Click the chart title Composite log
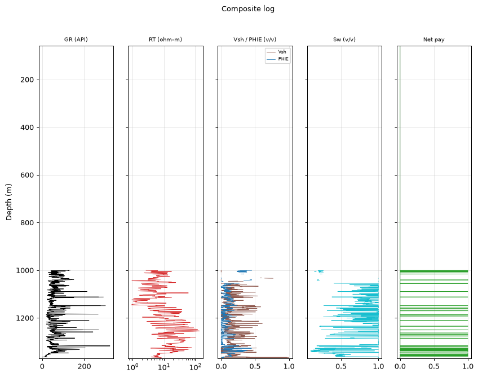click(x=248, y=9)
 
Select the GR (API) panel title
click(x=76, y=40)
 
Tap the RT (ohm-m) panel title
click(x=165, y=40)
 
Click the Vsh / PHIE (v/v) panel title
click(x=255, y=40)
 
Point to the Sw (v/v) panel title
click(x=344, y=40)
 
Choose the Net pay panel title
click(x=434, y=40)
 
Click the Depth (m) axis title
click(x=8, y=202)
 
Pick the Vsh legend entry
click(x=282, y=52)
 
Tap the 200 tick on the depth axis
click(x=27, y=80)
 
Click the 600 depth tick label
click(x=27, y=175)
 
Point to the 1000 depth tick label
click(x=25, y=271)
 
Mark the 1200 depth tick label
click(x=25, y=318)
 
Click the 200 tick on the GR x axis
click(x=84, y=366)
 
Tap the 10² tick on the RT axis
click(x=195, y=366)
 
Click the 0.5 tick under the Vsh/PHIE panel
click(x=255, y=366)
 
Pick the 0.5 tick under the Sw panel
click(x=341, y=366)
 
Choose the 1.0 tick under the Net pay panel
click(x=468, y=366)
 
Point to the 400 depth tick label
click(x=27, y=128)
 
